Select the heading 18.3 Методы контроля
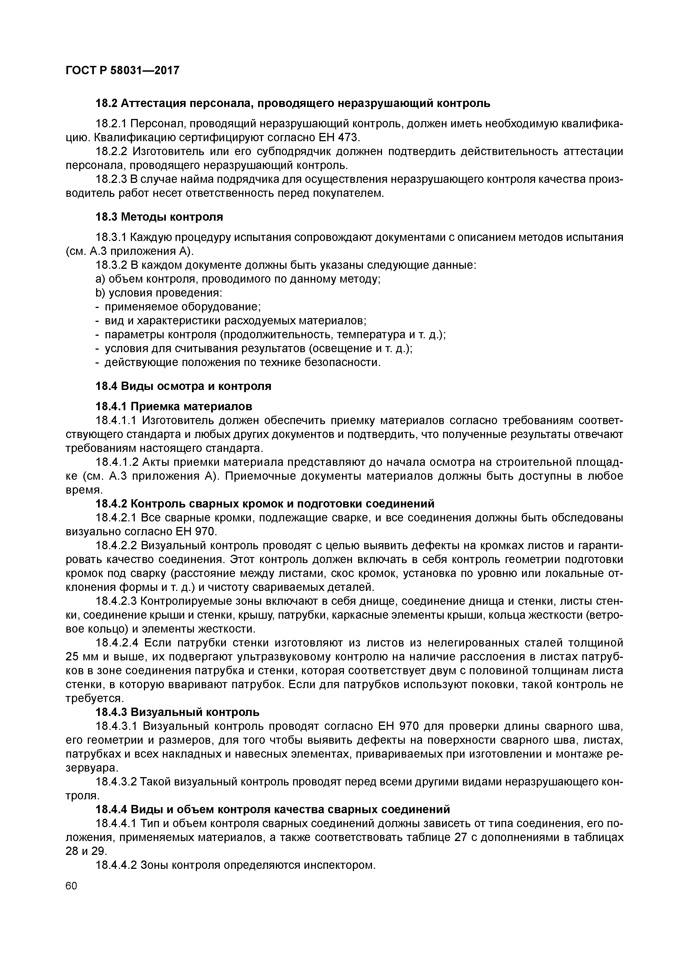click(x=159, y=217)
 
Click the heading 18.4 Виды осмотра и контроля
click(x=183, y=386)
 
